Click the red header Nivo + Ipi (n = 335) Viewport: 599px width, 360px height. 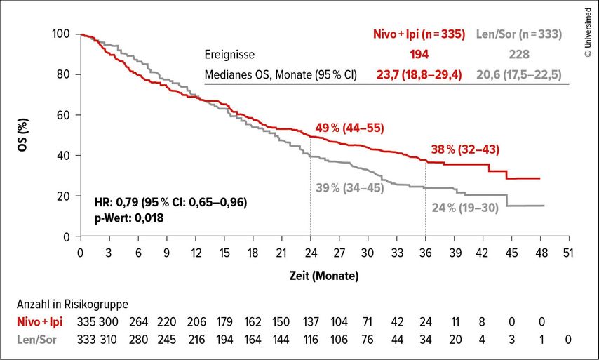419,34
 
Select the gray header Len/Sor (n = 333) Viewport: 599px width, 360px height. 518,34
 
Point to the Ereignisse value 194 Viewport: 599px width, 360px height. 419,54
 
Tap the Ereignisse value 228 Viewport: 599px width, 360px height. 518,54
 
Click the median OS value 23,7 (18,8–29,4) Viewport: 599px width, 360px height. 419,74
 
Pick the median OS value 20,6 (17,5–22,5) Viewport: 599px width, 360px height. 518,74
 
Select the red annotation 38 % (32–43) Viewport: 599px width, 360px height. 455,149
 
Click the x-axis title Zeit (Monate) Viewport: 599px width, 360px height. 325,276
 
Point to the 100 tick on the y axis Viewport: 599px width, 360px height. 62,34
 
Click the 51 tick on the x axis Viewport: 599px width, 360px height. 567,253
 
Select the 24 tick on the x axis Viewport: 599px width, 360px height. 310,253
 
